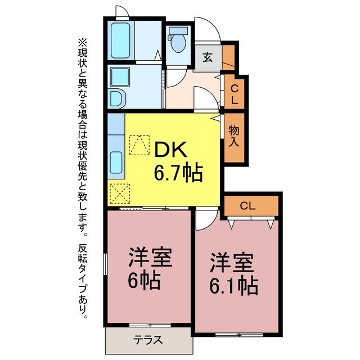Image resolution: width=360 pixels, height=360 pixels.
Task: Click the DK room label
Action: (x=171, y=150)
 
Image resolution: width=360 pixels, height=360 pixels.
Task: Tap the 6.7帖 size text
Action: (x=178, y=173)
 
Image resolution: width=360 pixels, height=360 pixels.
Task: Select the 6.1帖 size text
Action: (x=233, y=286)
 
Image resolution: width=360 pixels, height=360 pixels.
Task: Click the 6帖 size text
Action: (x=143, y=280)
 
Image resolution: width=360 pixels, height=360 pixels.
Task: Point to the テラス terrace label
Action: (x=148, y=340)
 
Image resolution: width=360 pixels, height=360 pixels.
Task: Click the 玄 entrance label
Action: (x=208, y=57)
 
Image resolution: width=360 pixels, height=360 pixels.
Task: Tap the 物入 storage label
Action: (x=234, y=136)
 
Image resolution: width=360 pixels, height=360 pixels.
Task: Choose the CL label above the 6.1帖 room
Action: (x=247, y=206)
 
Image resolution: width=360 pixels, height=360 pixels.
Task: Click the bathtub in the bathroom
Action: (x=120, y=40)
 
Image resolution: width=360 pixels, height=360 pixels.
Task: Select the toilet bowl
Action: (x=178, y=40)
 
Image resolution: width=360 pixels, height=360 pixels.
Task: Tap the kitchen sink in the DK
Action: (x=116, y=163)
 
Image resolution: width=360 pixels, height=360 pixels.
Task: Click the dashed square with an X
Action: (x=120, y=194)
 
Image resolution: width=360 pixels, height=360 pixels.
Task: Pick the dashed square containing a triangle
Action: (x=139, y=145)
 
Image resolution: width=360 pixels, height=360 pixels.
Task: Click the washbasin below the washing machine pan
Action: (x=118, y=99)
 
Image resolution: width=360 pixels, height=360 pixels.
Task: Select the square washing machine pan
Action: (x=120, y=77)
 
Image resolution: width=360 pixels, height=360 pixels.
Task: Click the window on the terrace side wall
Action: (x=150, y=325)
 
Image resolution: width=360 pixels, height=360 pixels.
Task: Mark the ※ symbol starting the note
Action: (x=83, y=43)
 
